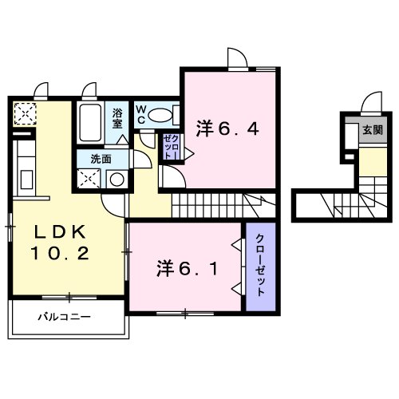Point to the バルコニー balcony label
(x=64, y=317)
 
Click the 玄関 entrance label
(x=371, y=129)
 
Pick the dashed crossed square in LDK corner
(x=24, y=113)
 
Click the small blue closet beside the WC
(x=171, y=146)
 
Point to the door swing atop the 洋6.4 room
(x=236, y=58)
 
